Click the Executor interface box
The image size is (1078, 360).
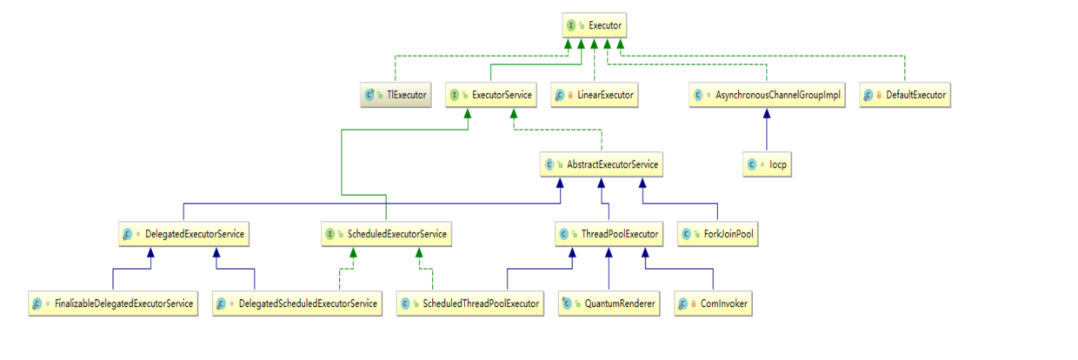point(593,26)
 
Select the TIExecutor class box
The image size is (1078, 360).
point(396,94)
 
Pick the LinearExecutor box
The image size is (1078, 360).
point(595,94)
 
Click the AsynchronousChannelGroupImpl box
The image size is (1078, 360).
point(766,94)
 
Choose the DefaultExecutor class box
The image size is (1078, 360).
point(905,94)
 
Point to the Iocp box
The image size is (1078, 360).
point(766,163)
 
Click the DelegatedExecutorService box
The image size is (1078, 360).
point(183,233)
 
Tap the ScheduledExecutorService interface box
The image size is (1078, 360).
point(386,233)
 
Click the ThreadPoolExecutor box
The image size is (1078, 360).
point(609,233)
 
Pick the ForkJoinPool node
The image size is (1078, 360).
point(718,233)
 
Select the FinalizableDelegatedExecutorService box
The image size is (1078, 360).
point(113,303)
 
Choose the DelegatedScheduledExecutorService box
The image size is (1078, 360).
point(298,303)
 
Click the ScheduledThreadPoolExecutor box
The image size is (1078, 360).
point(470,303)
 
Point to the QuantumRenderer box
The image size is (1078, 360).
point(609,303)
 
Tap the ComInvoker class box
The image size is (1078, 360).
point(714,303)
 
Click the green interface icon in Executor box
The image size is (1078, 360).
point(569,27)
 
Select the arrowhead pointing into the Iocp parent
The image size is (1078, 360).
point(766,111)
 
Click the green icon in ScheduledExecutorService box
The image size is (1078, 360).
point(329,234)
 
